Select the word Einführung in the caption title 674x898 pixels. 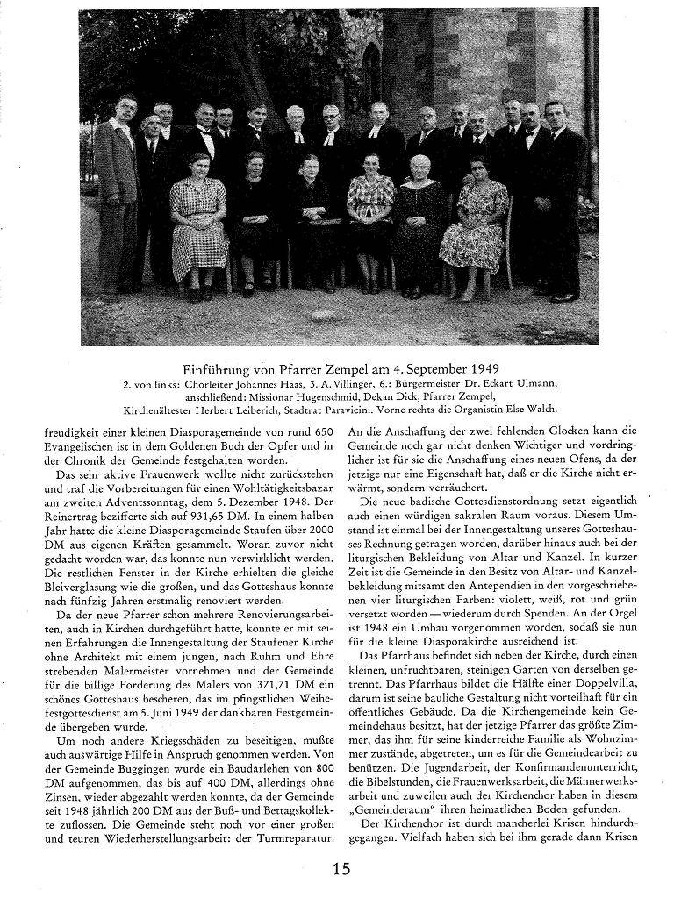pos(216,368)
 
